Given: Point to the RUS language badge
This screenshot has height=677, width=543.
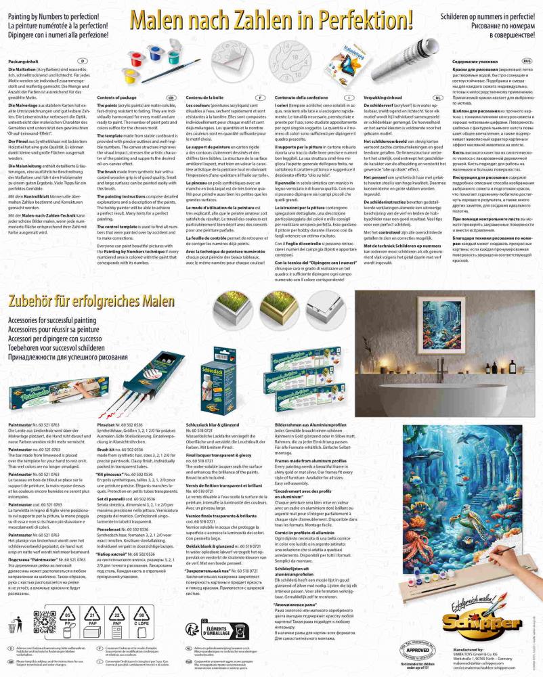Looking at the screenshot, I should (x=527, y=61).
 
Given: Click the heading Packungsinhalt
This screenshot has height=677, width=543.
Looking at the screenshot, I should (x=22, y=61).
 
